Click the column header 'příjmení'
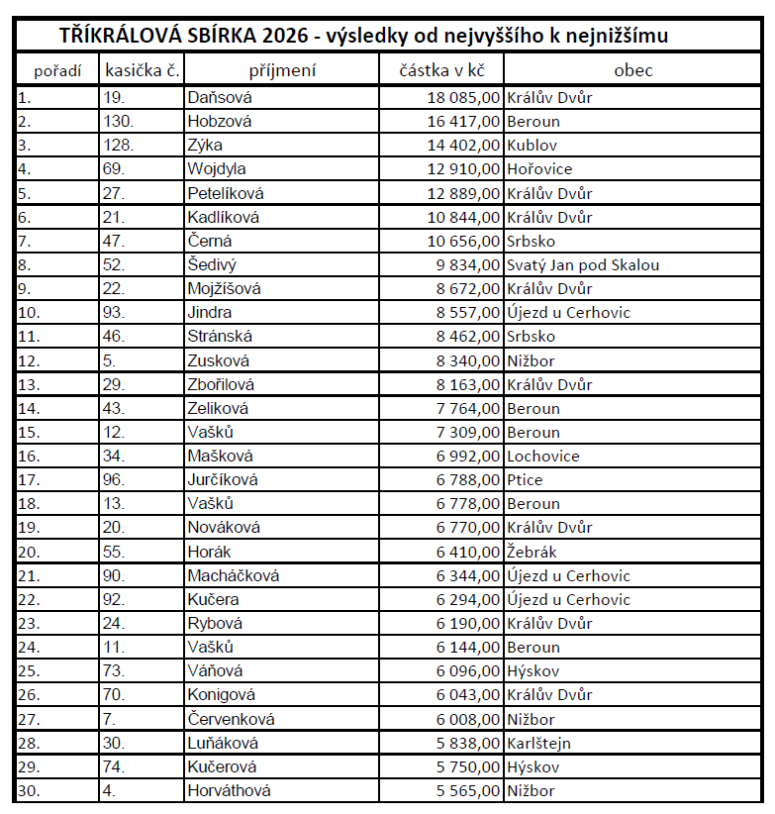282,70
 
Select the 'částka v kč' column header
441,70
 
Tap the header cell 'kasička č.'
141,70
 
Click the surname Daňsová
220,98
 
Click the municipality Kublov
533,146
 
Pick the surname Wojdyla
217,169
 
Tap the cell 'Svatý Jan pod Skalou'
583,265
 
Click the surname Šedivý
213,265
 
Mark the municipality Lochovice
543,457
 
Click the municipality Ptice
525,480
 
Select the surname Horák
209,552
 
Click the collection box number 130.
117,122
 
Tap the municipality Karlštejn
538,743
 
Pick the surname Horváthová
229,790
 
